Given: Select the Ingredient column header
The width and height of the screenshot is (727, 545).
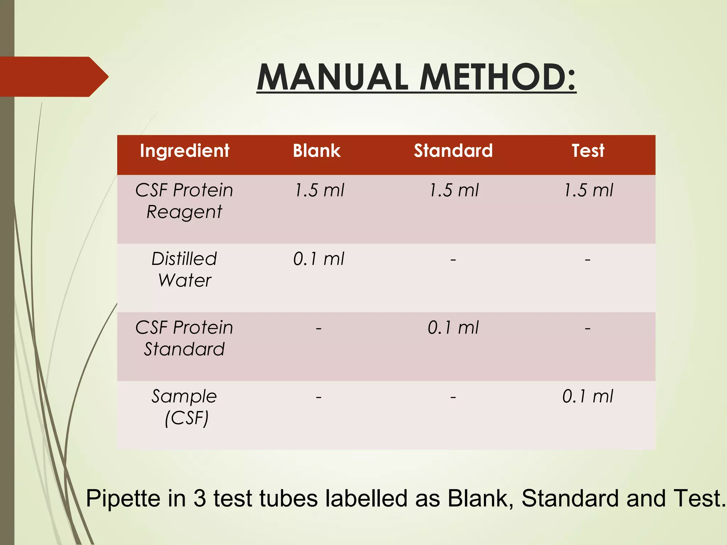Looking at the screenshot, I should click(x=185, y=150).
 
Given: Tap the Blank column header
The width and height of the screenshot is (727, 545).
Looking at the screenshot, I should click(x=317, y=150).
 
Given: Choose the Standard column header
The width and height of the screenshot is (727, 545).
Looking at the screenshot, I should click(x=453, y=150).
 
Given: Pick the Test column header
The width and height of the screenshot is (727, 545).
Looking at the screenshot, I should click(x=588, y=150).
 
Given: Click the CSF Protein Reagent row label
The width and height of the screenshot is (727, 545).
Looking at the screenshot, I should click(x=184, y=201).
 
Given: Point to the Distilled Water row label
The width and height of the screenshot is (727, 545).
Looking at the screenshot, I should click(x=184, y=269).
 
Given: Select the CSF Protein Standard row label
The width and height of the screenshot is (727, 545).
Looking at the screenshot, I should click(x=184, y=338).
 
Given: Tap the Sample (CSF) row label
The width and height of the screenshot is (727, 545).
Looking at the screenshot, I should click(x=184, y=407).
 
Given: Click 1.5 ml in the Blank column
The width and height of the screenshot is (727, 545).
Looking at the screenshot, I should click(x=319, y=190).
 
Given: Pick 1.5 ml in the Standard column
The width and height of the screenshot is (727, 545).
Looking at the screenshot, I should click(x=454, y=190).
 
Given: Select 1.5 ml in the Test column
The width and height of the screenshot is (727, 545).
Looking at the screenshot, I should click(x=588, y=190).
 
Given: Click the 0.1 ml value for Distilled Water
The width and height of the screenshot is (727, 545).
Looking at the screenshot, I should click(x=318, y=259).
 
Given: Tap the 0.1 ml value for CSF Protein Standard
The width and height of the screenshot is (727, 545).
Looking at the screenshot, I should click(x=453, y=327).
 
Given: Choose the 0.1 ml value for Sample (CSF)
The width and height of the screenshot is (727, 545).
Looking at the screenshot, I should click(x=587, y=396).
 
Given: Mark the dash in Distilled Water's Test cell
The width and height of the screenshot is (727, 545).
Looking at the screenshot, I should click(x=587, y=260).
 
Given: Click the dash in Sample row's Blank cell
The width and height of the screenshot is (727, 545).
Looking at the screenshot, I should click(x=319, y=397).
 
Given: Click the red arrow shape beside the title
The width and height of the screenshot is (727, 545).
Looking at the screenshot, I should click(x=53, y=77).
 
